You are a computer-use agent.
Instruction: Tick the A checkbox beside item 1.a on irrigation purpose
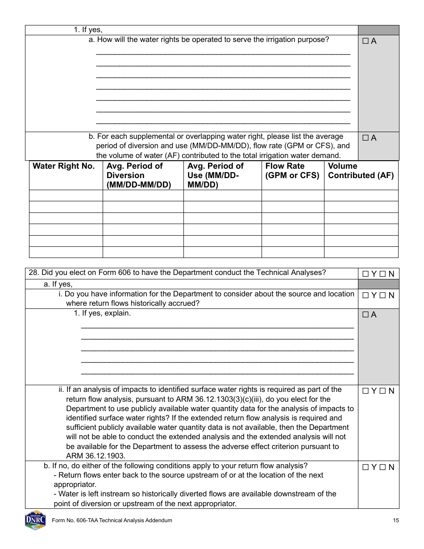coord(366,41)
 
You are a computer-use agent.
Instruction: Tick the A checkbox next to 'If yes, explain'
coord(366,315)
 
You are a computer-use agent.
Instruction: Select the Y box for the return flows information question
coord(366,295)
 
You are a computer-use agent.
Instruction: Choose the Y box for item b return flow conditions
coord(366,467)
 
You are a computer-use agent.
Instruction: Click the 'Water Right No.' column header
coord(64,166)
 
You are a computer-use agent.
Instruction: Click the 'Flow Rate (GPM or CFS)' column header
coord(292,171)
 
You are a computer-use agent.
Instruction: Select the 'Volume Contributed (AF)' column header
coord(361,171)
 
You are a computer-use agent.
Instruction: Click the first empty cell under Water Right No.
coord(66,195)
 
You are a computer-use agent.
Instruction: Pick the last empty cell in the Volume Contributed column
coord(361,252)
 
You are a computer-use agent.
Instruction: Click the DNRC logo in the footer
coord(35,520)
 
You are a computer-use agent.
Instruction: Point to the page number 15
coord(396,520)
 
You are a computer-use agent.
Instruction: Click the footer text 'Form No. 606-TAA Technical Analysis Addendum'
coord(112,520)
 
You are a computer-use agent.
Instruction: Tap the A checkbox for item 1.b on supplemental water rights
coord(366,138)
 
